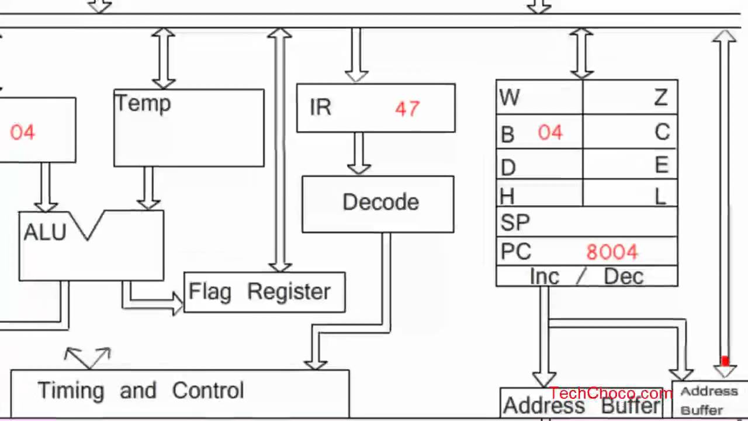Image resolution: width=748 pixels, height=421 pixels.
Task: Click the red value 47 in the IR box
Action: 407,109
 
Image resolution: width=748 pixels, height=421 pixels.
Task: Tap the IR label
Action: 320,108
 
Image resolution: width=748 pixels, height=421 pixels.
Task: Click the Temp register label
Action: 143,103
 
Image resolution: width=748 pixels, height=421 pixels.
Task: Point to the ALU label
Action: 45,233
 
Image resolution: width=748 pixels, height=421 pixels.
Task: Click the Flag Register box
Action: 264,292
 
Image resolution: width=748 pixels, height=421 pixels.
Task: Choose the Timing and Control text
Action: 140,391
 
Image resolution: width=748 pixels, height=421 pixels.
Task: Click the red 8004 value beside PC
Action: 612,252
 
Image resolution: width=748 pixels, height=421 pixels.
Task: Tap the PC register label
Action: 515,252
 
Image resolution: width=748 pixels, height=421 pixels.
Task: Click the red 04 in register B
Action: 550,133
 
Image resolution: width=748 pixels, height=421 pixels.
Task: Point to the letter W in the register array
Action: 510,98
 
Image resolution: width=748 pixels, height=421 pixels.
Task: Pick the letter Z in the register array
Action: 661,98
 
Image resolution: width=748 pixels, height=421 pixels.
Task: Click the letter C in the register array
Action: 662,133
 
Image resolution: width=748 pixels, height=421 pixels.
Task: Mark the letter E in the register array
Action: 662,166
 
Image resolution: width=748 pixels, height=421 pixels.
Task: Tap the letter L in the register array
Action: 660,196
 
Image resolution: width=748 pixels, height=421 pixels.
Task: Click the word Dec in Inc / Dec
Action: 623,277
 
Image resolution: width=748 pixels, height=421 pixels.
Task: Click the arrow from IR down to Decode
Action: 358,153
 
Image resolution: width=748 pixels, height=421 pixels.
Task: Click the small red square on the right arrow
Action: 725,362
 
